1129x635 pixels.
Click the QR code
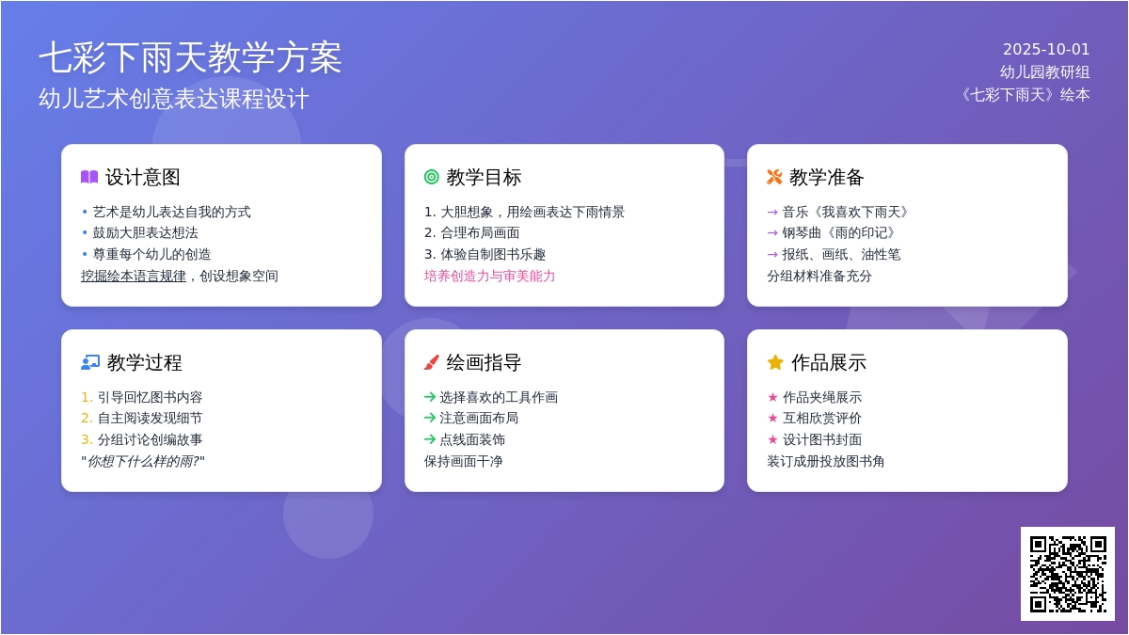click(1068, 574)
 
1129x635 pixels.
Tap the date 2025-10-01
click(1046, 49)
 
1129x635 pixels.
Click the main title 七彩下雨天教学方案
click(190, 58)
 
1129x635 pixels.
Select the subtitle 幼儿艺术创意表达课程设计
click(174, 99)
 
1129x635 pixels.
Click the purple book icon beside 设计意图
click(89, 177)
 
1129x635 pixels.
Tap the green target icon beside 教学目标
click(432, 177)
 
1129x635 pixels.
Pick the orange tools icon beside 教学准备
click(774, 177)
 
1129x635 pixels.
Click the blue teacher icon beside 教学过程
click(90, 362)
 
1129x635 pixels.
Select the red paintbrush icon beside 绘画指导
click(432, 362)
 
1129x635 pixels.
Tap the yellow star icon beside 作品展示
click(775, 362)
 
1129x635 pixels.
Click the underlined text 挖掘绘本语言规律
click(134, 277)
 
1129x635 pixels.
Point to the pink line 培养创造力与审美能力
click(489, 277)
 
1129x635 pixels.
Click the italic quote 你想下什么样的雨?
click(143, 462)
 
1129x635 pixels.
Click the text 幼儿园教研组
click(1045, 72)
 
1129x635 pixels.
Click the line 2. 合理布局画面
click(471, 233)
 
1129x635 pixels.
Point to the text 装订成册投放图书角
click(826, 462)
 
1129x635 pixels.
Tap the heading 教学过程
click(144, 363)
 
